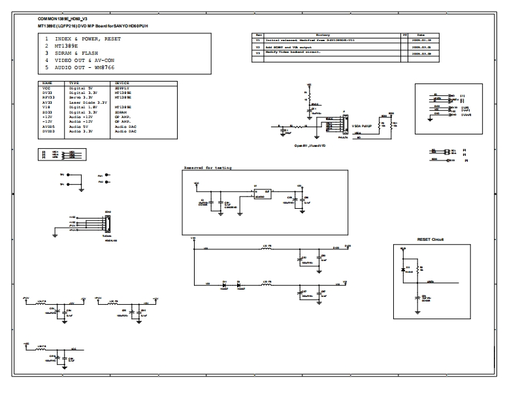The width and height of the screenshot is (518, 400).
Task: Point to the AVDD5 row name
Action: pyautogui.click(x=48, y=127)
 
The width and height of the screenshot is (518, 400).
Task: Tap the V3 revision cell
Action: pyautogui.click(x=258, y=52)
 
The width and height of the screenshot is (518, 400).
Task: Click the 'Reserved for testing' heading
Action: pyautogui.click(x=207, y=168)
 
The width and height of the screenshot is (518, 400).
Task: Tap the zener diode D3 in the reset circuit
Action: pyautogui.click(x=402, y=268)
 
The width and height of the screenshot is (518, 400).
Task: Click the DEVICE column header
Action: pyautogui.click(x=122, y=84)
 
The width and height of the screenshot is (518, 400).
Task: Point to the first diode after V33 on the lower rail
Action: pyautogui.click(x=224, y=285)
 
